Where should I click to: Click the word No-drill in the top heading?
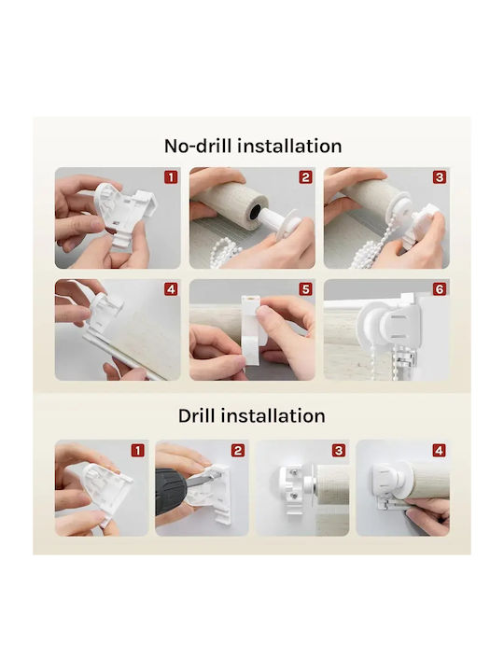(199, 147)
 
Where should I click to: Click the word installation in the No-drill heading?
(289, 147)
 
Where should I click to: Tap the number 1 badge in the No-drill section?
(171, 177)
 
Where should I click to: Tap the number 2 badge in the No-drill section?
(305, 177)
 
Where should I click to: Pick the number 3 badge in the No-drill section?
(440, 177)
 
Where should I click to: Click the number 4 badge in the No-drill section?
(171, 289)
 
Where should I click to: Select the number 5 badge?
(305, 289)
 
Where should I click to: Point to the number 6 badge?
(440, 289)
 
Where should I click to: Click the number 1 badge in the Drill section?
(137, 451)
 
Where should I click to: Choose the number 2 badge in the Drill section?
(238, 451)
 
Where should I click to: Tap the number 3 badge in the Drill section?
(339, 451)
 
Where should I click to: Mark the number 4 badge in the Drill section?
(439, 451)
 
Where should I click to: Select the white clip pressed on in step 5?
(253, 330)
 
